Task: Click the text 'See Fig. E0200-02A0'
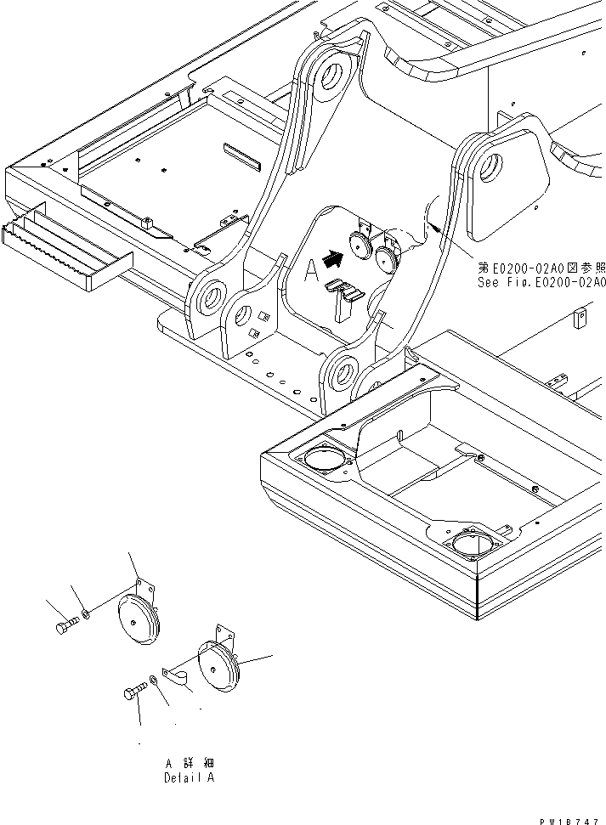coord(541,283)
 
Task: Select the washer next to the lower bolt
coord(151,679)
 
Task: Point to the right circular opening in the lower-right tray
coord(472,540)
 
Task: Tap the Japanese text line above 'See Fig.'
coord(541,268)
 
